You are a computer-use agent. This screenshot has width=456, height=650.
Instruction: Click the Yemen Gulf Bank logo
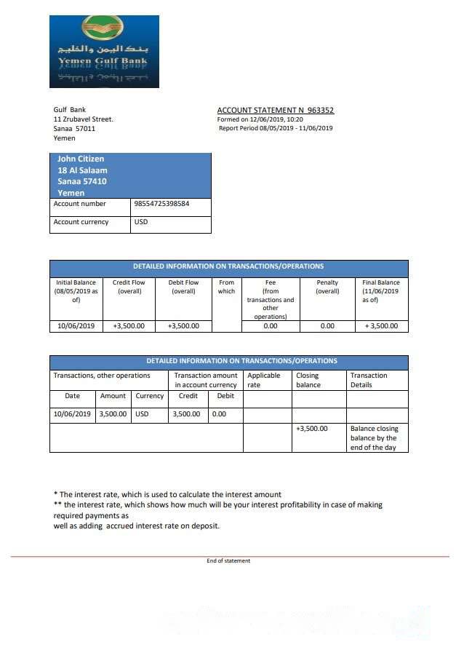pos(104,52)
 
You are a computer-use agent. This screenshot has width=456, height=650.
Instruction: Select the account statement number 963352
pos(320,111)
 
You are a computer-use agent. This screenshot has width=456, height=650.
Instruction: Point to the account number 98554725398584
pos(162,204)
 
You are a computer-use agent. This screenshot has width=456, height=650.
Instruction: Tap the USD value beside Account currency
pos(141,222)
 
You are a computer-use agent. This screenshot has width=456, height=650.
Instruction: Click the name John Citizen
pos(81,159)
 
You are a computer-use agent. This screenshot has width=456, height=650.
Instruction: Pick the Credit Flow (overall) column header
pos(129,287)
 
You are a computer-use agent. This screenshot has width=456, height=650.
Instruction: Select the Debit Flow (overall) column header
pos(183,287)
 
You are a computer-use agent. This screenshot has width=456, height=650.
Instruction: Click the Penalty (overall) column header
pos(327,287)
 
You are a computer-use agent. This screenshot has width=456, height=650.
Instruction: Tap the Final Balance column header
pos(381,291)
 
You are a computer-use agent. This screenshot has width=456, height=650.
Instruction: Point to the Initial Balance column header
pos(76,291)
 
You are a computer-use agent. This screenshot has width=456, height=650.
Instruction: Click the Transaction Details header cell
pos(369,380)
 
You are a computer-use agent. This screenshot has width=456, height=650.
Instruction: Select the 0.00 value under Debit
pos(219,414)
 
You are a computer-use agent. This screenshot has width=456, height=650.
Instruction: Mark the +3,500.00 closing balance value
pos(312,429)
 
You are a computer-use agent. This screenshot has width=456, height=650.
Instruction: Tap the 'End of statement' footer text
pos(228,560)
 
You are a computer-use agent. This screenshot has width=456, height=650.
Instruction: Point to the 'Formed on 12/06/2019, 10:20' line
pos(260,119)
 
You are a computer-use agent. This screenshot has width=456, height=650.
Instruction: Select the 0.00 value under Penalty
pos(327,326)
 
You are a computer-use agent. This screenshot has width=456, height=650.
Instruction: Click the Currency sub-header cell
pos(150,396)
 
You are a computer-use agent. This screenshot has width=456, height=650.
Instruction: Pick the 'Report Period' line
pos(276,128)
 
